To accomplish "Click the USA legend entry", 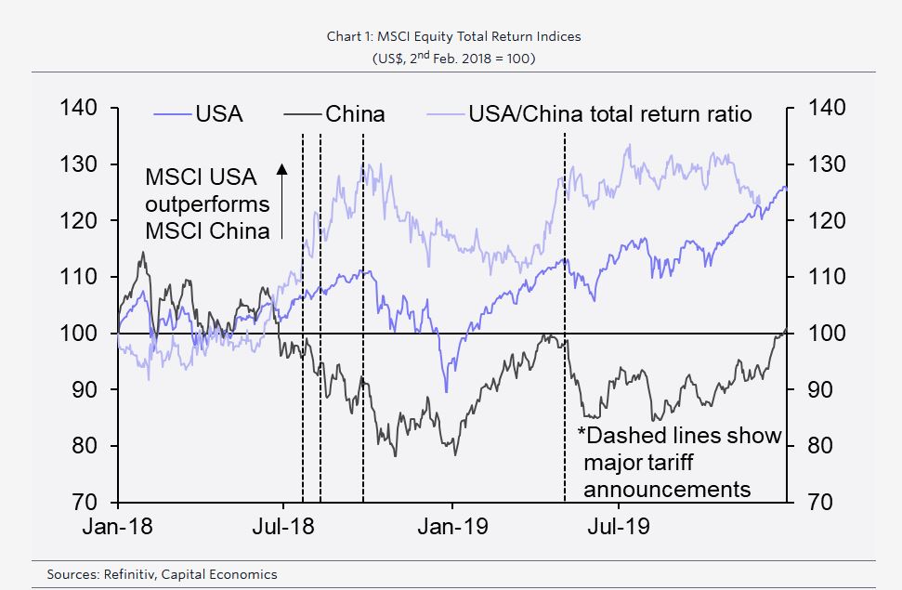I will (x=218, y=114).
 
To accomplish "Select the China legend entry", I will (x=355, y=114).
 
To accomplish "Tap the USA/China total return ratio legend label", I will (x=610, y=114).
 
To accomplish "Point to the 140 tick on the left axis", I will (x=78, y=108).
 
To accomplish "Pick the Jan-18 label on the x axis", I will (x=118, y=527).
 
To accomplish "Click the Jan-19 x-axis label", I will (x=452, y=527).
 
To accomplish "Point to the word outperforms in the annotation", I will (x=208, y=203).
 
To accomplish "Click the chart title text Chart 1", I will (x=350, y=37).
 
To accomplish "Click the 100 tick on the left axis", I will (x=78, y=334).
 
